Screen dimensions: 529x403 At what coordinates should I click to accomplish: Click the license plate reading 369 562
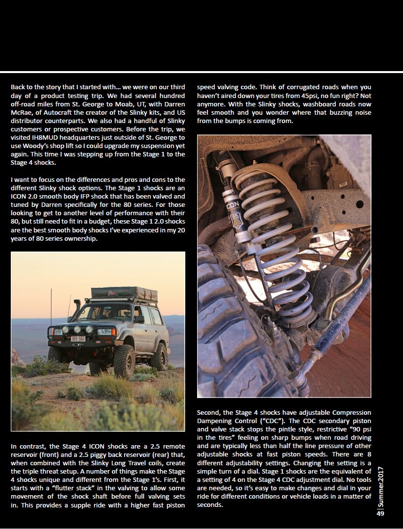[78, 338]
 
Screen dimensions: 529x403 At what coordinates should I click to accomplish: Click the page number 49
[380, 513]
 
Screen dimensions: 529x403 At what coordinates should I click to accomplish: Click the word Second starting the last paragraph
[208, 412]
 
